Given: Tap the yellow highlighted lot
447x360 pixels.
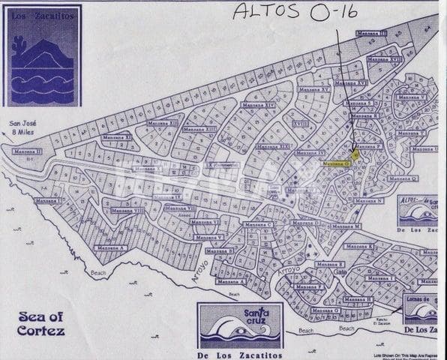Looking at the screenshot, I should (355, 152).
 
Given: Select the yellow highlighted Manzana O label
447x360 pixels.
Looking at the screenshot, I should (336, 162).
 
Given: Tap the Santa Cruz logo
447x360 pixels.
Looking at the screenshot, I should (239, 326).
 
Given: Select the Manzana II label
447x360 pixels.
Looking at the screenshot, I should (27, 151).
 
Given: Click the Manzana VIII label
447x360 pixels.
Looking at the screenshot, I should (125, 211).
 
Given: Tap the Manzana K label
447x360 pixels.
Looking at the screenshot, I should (358, 246).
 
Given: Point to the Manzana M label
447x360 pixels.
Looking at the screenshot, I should (347, 226).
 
